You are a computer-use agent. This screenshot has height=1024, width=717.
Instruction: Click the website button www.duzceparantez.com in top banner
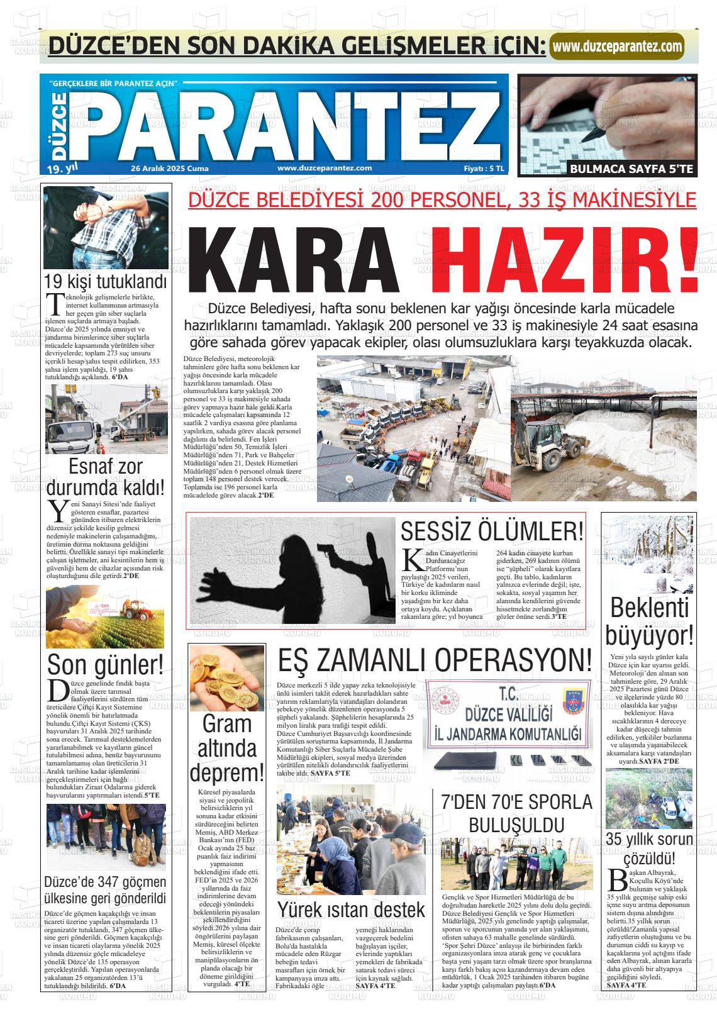pyautogui.click(x=617, y=46)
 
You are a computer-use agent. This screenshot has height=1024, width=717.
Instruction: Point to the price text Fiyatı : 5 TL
pyautogui.click(x=484, y=168)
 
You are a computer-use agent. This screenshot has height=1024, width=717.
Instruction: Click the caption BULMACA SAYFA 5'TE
pyautogui.click(x=631, y=169)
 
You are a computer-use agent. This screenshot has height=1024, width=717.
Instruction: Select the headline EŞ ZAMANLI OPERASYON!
pyautogui.click(x=435, y=660)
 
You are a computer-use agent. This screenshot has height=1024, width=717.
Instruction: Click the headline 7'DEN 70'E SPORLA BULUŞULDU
pyautogui.click(x=516, y=813)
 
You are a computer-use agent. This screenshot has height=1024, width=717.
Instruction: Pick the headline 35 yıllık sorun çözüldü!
pyautogui.click(x=649, y=849)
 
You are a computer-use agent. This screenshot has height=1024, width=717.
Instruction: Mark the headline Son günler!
pyautogui.click(x=106, y=664)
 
